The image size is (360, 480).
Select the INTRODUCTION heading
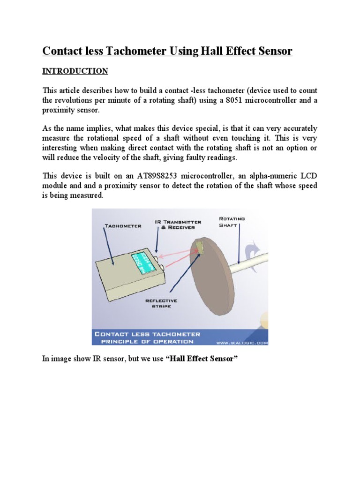[x=75, y=71]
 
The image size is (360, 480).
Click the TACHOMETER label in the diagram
[x=122, y=225]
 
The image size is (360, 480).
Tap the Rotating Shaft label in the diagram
[x=232, y=221]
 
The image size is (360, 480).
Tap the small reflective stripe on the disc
[x=201, y=247]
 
